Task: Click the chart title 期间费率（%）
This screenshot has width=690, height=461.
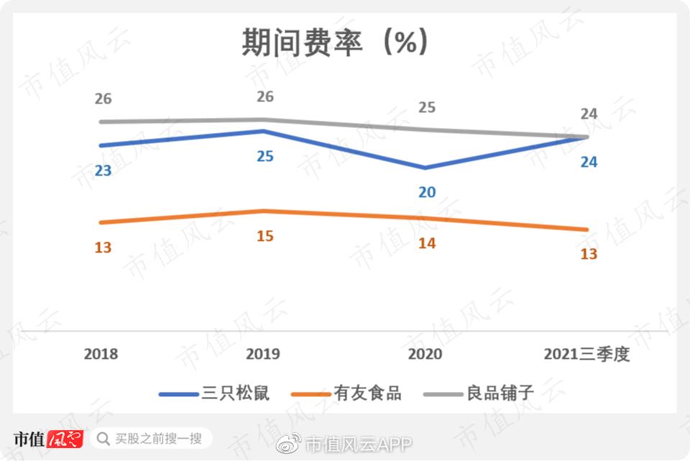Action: tap(336, 42)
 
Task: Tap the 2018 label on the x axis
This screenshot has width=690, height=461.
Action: tap(101, 355)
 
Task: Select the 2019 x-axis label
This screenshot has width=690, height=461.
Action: tap(263, 355)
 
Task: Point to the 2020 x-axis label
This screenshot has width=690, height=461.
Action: tap(425, 355)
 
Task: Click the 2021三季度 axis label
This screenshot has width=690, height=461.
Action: tap(586, 355)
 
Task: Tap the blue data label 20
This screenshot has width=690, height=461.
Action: tap(427, 193)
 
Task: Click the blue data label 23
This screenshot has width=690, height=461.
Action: tap(103, 171)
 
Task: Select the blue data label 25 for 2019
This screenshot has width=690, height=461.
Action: tap(265, 155)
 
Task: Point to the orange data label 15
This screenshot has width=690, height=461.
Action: tap(265, 235)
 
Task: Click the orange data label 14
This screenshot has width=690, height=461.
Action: tap(427, 243)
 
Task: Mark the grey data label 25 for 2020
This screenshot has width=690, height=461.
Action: tap(427, 108)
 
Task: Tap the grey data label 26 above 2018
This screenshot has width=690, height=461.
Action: tap(103, 99)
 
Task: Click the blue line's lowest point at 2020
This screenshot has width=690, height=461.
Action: tap(425, 168)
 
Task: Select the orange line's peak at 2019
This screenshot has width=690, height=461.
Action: tap(264, 211)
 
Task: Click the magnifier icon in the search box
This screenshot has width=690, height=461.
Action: tap(104, 438)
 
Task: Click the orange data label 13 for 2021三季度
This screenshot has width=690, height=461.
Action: tap(589, 255)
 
